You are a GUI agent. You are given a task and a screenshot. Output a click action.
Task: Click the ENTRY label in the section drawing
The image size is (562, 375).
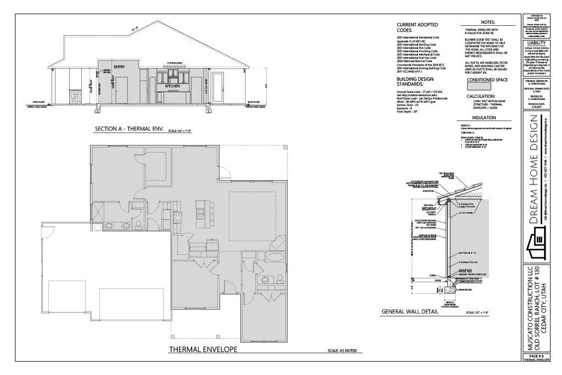point(120,67)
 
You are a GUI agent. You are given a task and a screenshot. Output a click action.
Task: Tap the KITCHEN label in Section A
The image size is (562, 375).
point(173,87)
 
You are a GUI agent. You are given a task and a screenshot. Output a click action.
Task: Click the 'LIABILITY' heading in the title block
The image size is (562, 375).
point(536,42)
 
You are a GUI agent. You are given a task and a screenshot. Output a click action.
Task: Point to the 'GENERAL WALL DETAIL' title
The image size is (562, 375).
point(409,312)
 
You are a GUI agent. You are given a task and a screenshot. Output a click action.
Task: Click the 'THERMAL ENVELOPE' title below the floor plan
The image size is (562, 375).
point(203,349)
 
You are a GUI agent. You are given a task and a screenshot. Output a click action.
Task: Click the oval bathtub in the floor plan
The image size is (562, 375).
point(275,258)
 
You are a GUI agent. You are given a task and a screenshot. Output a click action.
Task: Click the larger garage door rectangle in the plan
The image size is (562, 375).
point(126,297)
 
